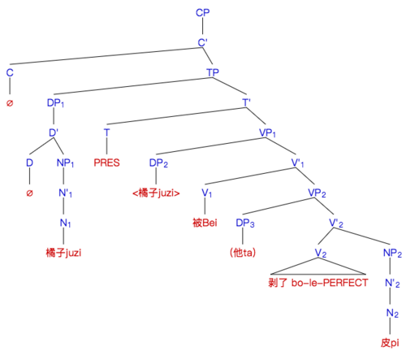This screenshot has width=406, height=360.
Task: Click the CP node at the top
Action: coord(202,12)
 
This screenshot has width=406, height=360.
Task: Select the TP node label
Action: coord(213,72)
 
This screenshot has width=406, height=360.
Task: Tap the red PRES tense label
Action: coord(106,163)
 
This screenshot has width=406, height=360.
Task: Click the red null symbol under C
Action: coord(10,103)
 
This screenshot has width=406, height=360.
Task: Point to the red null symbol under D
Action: coord(29,193)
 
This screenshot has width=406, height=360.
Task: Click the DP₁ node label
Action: coord(55,103)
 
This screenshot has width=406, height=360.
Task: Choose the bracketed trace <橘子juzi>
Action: coord(156,193)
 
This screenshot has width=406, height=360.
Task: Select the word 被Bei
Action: coord(205,223)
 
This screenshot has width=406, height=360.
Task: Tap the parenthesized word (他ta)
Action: coord(243,253)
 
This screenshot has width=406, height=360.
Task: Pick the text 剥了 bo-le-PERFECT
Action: coord(318,283)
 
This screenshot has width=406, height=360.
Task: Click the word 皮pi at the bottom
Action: coord(390,343)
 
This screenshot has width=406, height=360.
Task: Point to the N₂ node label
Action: coord(392,313)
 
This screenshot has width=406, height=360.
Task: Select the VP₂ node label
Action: coord(317,193)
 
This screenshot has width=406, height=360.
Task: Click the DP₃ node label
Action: coord(245,223)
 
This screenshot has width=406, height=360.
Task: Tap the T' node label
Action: coord(246,102)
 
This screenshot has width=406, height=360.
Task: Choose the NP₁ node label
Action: coord(65,163)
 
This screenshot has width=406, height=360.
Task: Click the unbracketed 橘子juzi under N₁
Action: coord(63,253)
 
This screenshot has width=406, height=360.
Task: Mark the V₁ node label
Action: coord(207,193)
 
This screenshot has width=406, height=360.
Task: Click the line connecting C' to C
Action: coord(106,56)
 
